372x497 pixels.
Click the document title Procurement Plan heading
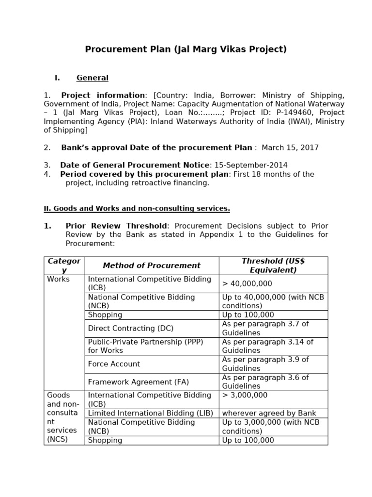click(x=186, y=49)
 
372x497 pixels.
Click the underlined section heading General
click(x=93, y=78)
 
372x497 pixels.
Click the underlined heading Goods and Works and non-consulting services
click(x=137, y=209)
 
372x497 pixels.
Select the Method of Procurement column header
click(x=152, y=265)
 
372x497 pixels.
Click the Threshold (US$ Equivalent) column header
click(x=273, y=265)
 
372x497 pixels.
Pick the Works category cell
click(x=59, y=280)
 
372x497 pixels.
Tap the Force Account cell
click(x=114, y=364)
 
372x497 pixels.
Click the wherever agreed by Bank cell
click(x=269, y=413)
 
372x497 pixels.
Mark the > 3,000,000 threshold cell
click(x=245, y=396)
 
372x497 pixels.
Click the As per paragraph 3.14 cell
click(x=268, y=346)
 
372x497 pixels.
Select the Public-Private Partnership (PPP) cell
click(x=145, y=346)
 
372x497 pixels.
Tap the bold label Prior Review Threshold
click(x=116, y=226)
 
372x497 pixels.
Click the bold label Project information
click(x=103, y=95)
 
